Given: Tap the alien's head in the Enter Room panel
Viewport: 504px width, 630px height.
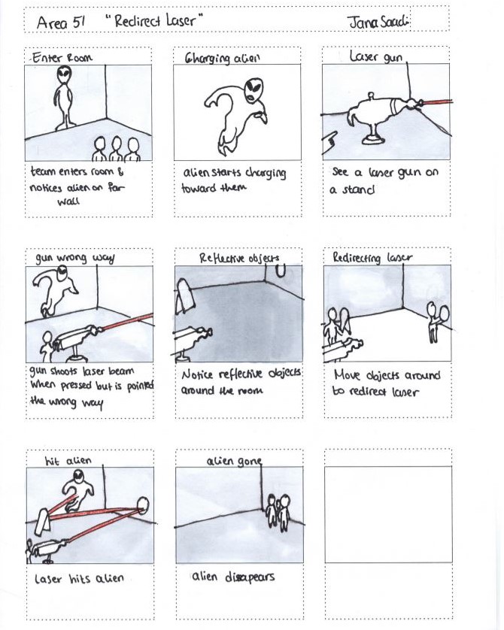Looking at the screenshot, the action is point(64,74).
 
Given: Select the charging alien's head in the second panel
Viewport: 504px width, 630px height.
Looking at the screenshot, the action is point(254,89).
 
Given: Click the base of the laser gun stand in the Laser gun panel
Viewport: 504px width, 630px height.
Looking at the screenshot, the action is point(374,139).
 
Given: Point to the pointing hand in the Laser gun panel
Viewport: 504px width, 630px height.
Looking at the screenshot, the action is point(330,142).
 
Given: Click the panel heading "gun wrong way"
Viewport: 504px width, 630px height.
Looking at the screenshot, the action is point(74,258).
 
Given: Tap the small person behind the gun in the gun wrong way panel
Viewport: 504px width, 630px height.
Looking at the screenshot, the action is point(47,346).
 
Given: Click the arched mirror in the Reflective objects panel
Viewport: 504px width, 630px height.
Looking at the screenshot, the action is point(185,296).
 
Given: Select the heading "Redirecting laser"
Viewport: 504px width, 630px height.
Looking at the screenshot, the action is point(372,257).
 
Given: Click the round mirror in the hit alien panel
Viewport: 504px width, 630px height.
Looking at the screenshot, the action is point(142,505).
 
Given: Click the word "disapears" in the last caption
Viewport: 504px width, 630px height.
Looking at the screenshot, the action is point(250,577).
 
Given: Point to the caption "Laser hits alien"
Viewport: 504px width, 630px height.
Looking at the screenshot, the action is point(79,578).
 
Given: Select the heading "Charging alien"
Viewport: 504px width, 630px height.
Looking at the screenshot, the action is point(222,58).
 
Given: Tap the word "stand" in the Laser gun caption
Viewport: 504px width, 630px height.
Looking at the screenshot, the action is point(358,188).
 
